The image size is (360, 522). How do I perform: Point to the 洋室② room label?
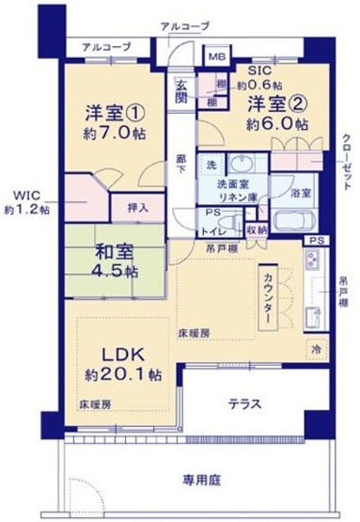(274, 103)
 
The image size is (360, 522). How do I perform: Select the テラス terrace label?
(244, 404)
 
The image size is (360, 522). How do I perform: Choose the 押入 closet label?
(135, 205)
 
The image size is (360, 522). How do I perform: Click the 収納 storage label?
(257, 229)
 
